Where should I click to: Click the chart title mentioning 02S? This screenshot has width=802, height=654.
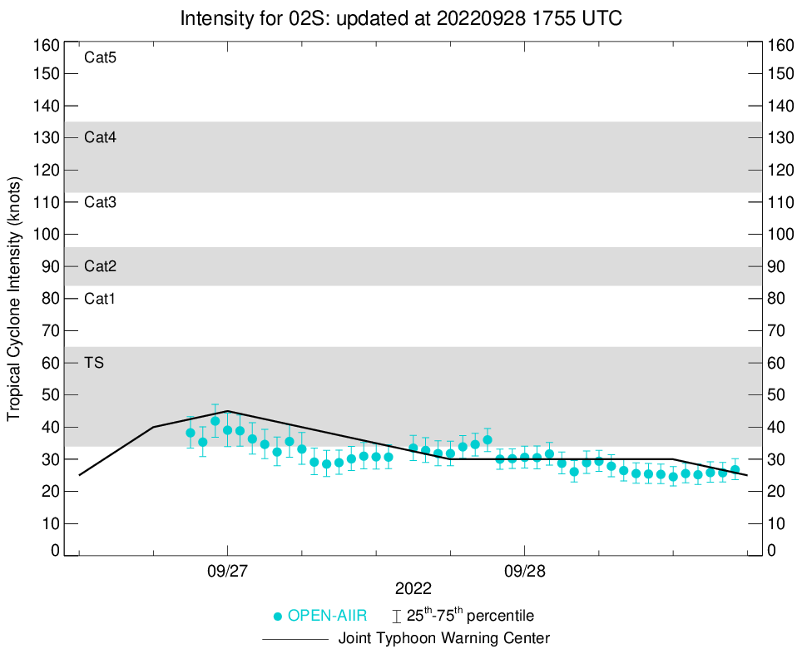tap(400, 17)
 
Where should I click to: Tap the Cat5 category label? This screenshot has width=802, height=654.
tap(100, 57)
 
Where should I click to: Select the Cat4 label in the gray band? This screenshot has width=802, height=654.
tap(100, 137)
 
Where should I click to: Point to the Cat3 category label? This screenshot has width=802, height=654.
tap(100, 202)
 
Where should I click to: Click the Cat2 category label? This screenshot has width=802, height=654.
tap(100, 266)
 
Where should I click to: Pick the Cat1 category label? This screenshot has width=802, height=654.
tap(100, 299)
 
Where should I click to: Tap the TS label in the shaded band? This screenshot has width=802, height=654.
tap(94, 363)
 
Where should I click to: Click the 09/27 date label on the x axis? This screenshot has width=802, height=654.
tap(227, 573)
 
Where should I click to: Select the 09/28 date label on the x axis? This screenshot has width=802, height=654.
tap(524, 573)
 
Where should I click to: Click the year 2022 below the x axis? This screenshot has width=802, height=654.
tap(413, 589)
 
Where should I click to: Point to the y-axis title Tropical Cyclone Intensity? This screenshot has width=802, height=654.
tap(14, 298)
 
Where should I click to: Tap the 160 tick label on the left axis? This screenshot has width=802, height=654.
tap(47, 45)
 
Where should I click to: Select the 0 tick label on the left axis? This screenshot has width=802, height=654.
tap(55, 550)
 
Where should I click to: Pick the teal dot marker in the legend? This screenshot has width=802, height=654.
tap(279, 617)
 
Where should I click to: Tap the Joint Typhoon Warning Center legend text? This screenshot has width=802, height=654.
tap(443, 639)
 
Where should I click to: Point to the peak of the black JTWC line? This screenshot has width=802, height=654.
tap(227, 411)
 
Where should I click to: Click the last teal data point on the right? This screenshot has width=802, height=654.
tap(735, 470)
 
